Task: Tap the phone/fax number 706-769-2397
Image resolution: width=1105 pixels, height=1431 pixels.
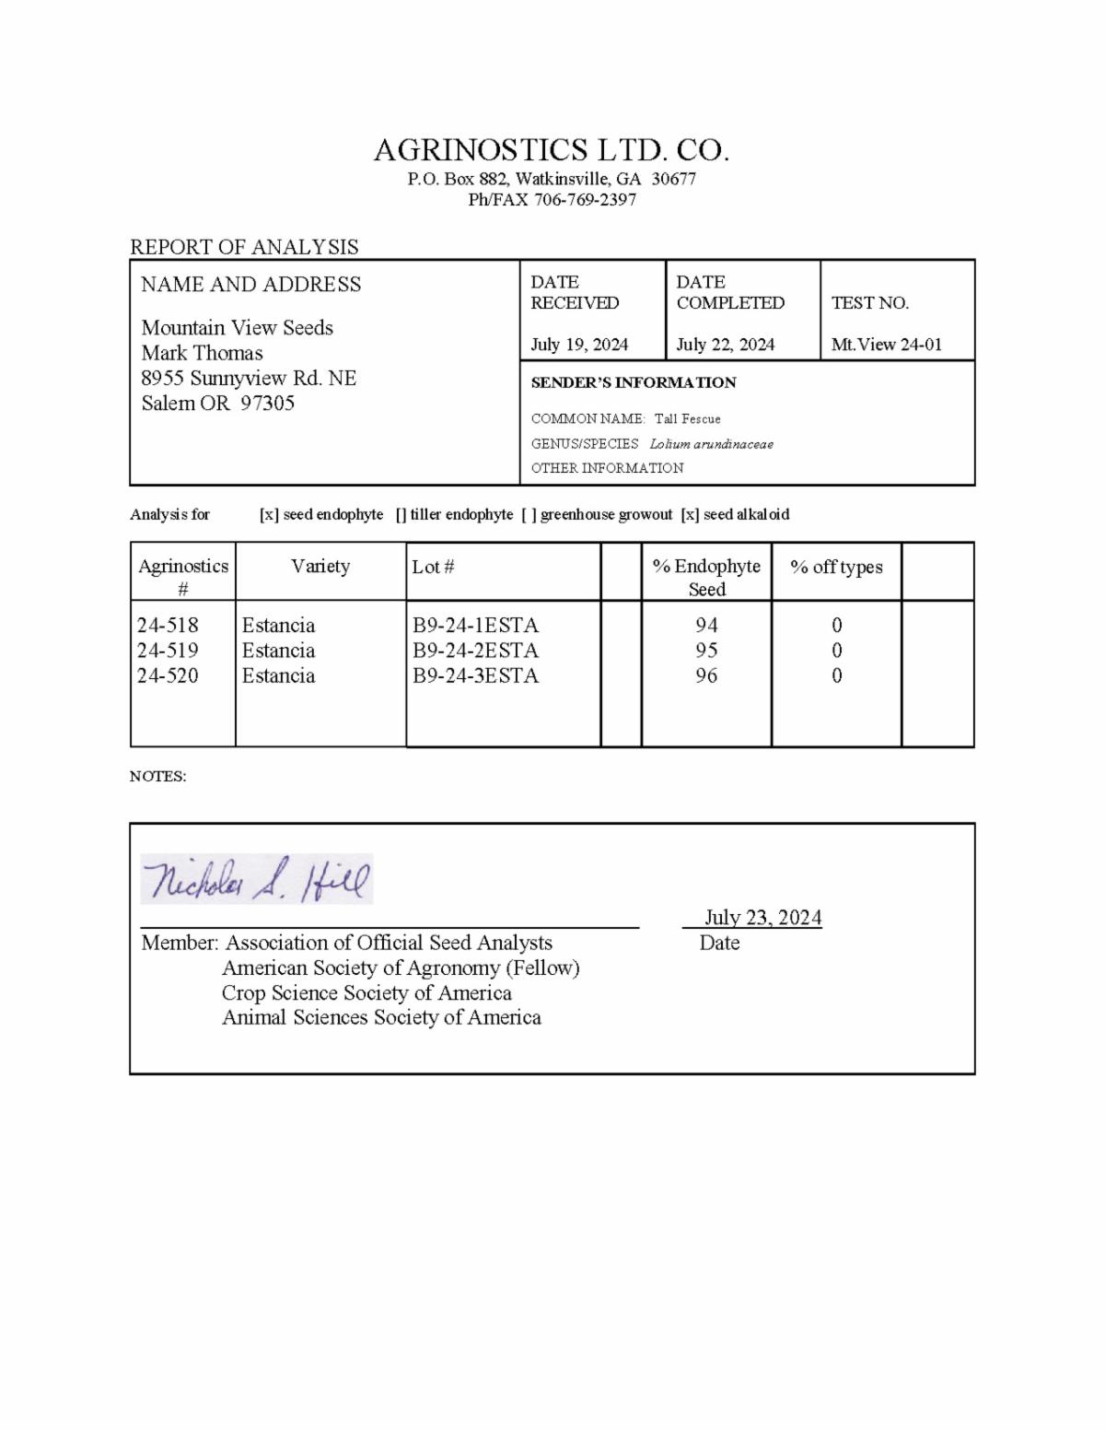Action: (x=585, y=200)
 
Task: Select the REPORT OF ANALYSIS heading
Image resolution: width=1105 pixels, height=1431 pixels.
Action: (x=244, y=247)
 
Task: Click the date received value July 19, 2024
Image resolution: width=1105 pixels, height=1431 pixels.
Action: (x=579, y=345)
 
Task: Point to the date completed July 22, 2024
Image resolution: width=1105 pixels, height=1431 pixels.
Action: (x=726, y=345)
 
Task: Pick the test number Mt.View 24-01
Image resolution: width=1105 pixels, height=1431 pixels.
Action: (x=887, y=345)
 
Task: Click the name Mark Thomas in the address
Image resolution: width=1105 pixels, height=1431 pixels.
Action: (x=202, y=353)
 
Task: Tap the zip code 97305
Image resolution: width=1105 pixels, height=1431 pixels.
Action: (x=267, y=403)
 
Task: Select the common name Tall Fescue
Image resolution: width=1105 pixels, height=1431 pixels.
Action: (x=687, y=419)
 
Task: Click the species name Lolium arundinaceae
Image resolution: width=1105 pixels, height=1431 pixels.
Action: (x=711, y=444)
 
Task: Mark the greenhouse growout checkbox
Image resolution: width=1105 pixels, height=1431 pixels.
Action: (x=529, y=515)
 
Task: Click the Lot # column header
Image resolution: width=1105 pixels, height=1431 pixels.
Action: (x=433, y=567)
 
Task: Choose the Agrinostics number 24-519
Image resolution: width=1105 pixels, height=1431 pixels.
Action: (x=168, y=651)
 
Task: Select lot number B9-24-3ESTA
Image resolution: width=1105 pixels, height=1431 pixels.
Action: (x=475, y=675)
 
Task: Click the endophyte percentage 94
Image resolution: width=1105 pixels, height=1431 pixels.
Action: (x=706, y=626)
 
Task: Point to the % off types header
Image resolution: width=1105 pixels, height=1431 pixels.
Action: (x=836, y=568)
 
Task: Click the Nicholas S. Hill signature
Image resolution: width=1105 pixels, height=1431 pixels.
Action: (x=257, y=879)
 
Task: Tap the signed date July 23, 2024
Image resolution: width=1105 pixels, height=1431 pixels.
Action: (x=762, y=918)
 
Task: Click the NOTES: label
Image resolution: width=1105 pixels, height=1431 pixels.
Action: (x=157, y=777)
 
